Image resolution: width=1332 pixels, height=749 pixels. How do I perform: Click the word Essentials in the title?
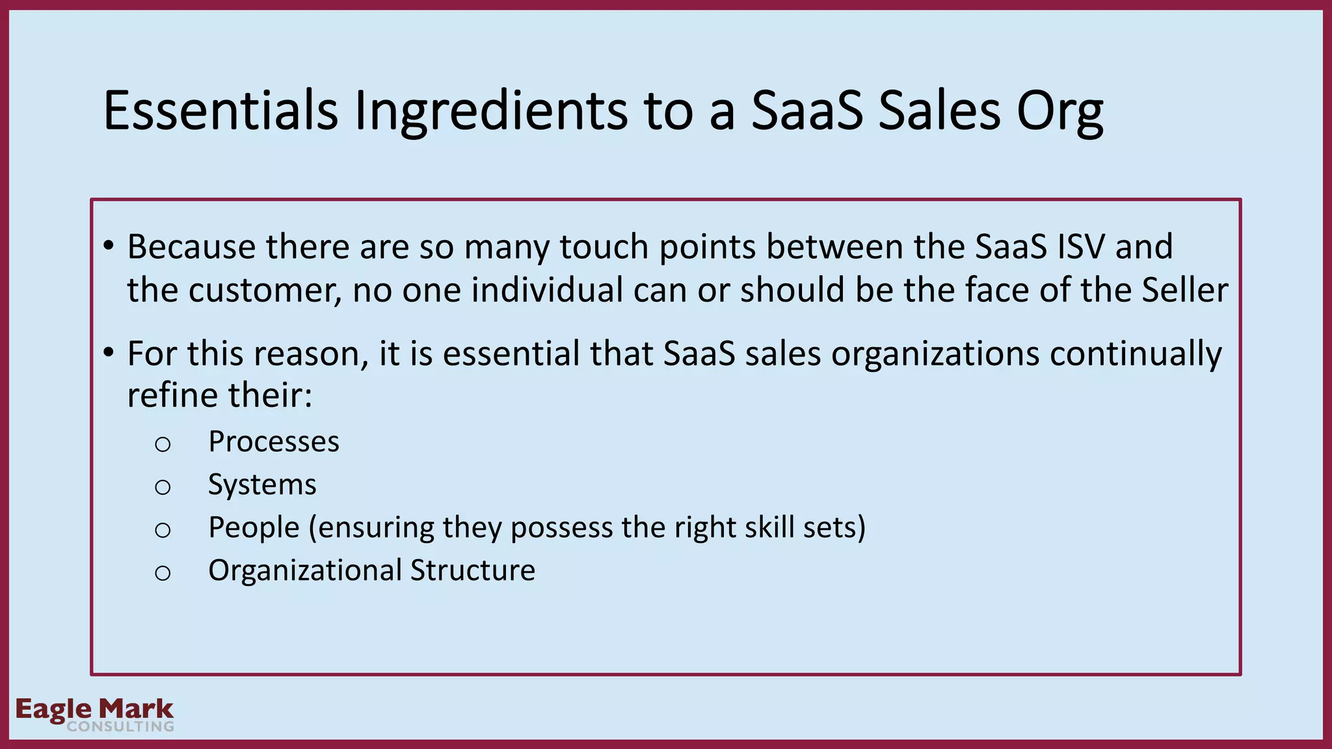220,111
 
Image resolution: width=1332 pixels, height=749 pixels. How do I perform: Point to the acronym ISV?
1072,247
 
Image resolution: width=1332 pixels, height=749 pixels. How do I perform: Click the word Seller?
1185,290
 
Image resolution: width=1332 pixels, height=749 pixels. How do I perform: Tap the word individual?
547,290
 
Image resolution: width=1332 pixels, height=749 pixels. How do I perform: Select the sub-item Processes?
274,442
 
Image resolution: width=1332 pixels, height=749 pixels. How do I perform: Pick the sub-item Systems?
262,485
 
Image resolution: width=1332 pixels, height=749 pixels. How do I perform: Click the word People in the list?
254,528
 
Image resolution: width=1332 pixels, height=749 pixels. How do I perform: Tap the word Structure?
473,571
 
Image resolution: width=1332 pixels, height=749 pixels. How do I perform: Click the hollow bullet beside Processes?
163,445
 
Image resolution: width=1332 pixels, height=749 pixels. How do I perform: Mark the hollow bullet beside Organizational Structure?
163,573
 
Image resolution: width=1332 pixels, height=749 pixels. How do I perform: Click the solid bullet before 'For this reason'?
109,354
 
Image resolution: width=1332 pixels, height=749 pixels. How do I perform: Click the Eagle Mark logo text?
95,709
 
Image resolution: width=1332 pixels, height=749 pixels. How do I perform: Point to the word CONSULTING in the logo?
120,727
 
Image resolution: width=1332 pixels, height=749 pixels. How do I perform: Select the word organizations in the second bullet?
935,355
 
